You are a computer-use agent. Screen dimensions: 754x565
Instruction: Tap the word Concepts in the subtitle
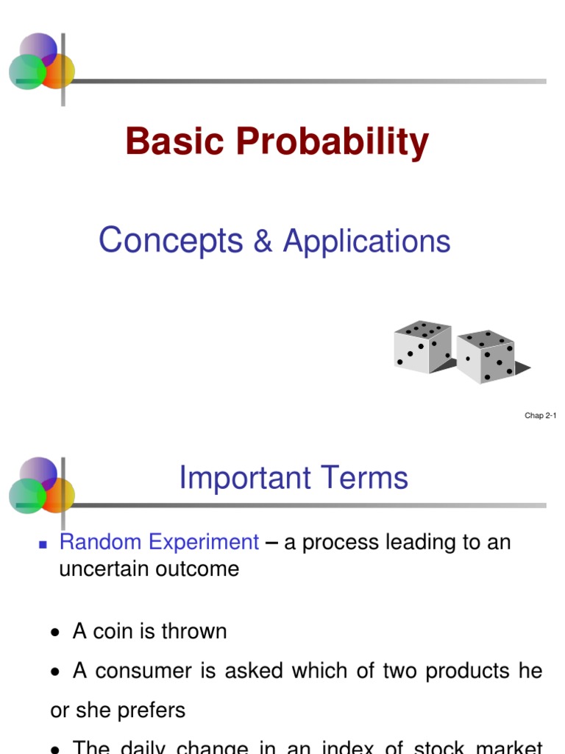coord(171,242)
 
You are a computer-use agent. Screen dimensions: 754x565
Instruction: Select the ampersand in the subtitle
coord(263,242)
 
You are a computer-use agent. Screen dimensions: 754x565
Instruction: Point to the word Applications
coord(366,242)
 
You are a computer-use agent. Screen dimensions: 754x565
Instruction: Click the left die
coord(422,347)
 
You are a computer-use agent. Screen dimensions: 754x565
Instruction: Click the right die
coord(486,356)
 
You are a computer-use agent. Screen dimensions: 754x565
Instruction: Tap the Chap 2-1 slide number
coord(540,416)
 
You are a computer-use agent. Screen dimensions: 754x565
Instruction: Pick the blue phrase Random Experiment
coord(159,543)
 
